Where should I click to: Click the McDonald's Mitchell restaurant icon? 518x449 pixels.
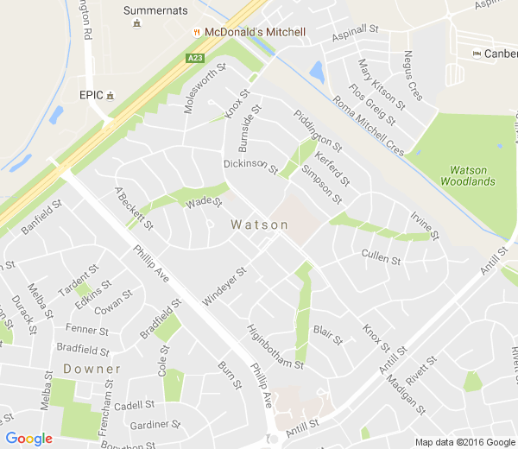click(x=199, y=32)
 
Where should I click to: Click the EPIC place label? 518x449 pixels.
click(x=91, y=94)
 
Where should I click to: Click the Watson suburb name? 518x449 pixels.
click(x=260, y=224)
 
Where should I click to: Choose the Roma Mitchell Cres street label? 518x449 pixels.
click(x=368, y=126)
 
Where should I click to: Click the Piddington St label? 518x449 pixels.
click(x=318, y=130)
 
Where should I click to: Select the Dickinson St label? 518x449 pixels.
click(x=250, y=165)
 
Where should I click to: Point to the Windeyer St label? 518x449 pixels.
click(x=224, y=286)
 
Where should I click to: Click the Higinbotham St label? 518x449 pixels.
click(x=275, y=346)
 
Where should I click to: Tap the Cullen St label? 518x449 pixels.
click(x=382, y=258)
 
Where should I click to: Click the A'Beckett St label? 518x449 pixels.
click(x=133, y=208)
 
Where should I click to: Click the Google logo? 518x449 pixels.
click(x=28, y=439)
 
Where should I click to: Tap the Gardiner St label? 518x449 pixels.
click(x=154, y=425)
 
